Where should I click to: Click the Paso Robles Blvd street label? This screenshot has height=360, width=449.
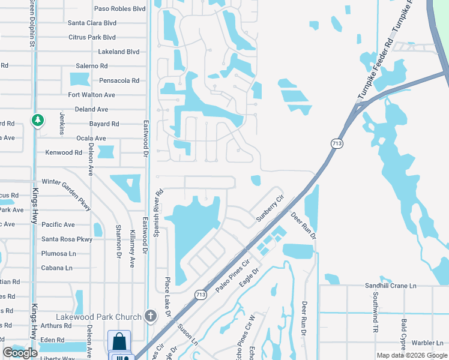pyautogui.click(x=120, y=9)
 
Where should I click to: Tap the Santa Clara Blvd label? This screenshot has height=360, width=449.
pyautogui.click(x=92, y=23)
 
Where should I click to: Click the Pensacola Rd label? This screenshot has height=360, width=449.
pyautogui.click(x=119, y=80)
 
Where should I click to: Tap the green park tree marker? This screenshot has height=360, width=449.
pyautogui.click(x=38, y=120)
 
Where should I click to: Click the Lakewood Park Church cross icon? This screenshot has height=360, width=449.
pyautogui.click(x=150, y=316)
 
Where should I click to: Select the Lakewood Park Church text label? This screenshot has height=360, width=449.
pyautogui.click(x=98, y=316)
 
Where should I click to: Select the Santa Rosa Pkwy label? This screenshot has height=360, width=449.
pyautogui.click(x=67, y=239)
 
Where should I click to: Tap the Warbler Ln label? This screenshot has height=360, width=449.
pyautogui.click(x=427, y=343)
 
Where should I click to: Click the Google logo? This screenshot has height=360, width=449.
pyautogui.click(x=20, y=353)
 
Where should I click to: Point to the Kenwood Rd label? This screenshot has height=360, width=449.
pyautogui.click(x=64, y=152)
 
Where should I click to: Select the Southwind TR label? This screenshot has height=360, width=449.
pyautogui.click(x=375, y=313)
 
